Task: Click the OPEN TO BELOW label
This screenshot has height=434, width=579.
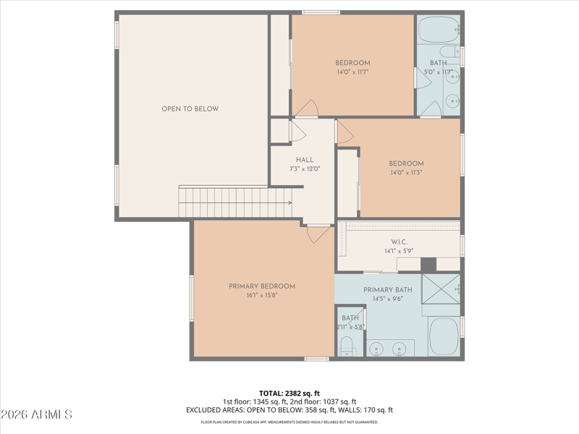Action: (190, 109)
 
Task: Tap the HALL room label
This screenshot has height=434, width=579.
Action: (305, 160)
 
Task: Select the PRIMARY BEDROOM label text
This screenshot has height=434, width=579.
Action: (262, 286)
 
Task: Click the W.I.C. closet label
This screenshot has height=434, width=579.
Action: (399, 242)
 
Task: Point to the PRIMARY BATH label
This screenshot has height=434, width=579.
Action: (388, 290)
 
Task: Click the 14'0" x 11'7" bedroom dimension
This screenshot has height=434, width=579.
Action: (352, 72)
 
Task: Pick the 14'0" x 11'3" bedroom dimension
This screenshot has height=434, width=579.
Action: (406, 173)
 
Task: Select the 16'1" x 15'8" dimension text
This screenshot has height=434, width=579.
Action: (262, 295)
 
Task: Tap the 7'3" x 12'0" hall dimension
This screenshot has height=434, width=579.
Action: (305, 169)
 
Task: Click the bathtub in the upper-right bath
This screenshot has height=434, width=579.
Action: (439, 29)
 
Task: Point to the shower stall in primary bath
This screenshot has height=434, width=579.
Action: (441, 289)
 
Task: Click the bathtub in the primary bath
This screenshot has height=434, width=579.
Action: (444, 336)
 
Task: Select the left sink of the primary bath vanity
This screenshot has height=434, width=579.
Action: (376, 348)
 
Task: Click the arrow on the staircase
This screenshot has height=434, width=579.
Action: (290, 203)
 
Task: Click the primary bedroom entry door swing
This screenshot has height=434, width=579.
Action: (318, 234)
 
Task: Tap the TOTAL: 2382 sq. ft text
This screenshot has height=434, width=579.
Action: (289, 393)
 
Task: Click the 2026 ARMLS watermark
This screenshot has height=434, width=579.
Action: (36, 414)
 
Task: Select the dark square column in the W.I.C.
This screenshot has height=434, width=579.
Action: (428, 265)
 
